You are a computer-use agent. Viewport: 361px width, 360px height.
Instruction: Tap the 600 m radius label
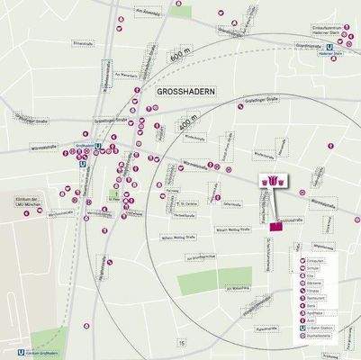185,57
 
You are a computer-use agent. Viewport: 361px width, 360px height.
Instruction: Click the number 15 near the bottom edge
182,343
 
